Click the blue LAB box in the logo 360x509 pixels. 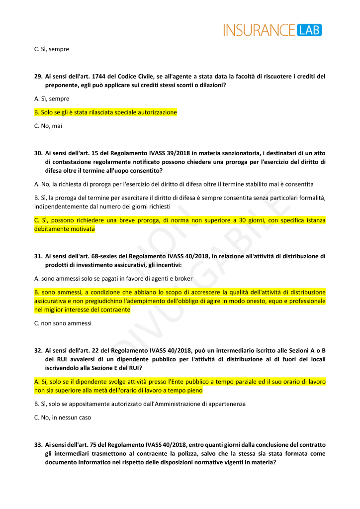tap(309, 30)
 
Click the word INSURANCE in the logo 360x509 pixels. tap(259, 30)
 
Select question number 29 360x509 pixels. tap(38, 77)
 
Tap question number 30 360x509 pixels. tap(38, 153)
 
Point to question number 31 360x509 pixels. tap(38, 256)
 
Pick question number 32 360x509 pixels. tap(38, 350)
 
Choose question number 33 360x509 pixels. tap(38, 444)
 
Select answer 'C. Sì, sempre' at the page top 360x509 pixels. tap(52, 49)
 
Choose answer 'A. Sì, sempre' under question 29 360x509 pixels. tap(52, 99)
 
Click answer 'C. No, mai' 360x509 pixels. tap(48, 126)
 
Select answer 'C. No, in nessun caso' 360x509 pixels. tap(63, 417)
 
